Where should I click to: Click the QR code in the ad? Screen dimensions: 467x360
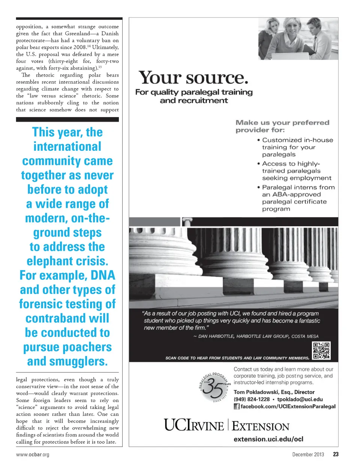[321, 351]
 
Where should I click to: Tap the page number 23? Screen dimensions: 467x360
[336, 454]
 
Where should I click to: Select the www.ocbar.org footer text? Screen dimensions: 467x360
[33, 455]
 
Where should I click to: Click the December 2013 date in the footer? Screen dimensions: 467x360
[308, 454]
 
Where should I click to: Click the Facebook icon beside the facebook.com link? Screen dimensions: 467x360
[237, 406]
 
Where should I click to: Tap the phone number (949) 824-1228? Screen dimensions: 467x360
[252, 399]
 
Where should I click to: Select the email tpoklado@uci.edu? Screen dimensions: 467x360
[300, 399]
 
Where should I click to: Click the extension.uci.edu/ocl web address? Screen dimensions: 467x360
[268, 439]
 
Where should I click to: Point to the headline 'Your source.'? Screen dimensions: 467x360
[193, 78]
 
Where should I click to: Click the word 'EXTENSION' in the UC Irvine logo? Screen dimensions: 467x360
[260, 426]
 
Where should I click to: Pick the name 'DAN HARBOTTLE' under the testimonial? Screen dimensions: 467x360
[216, 336]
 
